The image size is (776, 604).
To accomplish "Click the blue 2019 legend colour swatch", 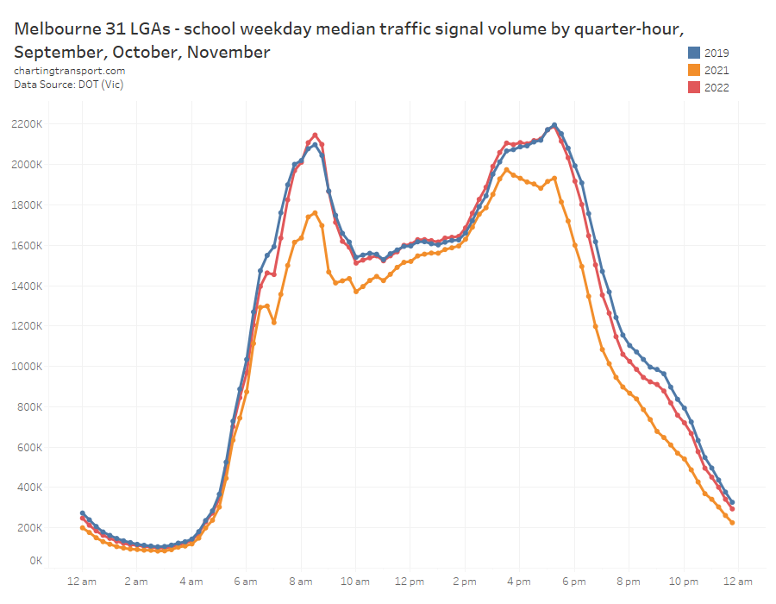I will point(693,53).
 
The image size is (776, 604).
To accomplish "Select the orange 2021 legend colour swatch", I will point(693,70).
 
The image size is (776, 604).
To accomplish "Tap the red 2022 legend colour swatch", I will point(693,87).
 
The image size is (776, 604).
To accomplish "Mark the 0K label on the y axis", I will point(34,561).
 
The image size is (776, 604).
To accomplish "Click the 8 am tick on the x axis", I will point(301,581).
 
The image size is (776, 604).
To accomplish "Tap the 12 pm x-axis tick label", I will point(410,581).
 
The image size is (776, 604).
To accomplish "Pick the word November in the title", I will point(226,52).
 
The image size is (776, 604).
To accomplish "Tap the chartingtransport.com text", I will point(69,71).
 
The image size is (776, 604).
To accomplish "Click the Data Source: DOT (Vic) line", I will point(69,84).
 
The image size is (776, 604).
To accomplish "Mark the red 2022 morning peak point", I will point(315,135).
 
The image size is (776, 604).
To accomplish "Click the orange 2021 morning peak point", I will point(315,212).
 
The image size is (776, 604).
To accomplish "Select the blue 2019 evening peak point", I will point(554,125).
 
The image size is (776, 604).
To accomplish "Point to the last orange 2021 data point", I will point(732,523).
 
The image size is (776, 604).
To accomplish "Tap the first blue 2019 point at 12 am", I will point(83,513).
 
